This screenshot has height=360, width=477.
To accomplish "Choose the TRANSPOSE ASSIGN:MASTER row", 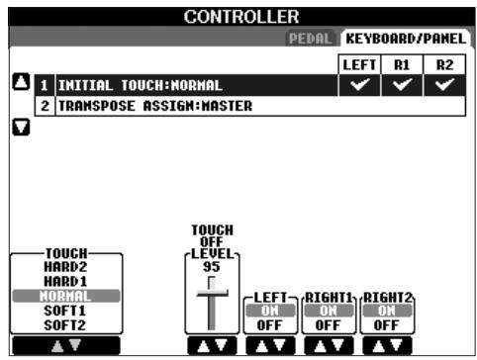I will click(139, 105).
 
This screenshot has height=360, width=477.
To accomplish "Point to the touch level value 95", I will click(211, 265).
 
